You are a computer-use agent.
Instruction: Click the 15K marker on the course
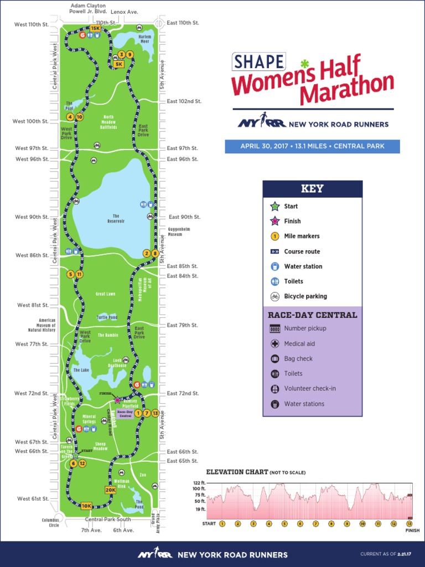coord(95,28)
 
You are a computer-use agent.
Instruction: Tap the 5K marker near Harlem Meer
coord(118,64)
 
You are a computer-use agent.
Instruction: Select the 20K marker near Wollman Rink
coord(110,489)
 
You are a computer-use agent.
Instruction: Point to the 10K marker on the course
coord(86,506)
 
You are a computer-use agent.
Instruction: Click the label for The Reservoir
coord(116,218)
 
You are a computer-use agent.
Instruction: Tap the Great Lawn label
coord(105,294)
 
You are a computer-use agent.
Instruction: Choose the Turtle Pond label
coord(107,317)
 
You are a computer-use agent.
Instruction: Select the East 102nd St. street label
coord(184,101)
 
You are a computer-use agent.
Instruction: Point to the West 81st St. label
coord(33,305)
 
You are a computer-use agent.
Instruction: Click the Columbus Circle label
coord(50,522)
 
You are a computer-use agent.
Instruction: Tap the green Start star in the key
coord(274,206)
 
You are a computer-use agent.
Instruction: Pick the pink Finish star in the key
coord(274,221)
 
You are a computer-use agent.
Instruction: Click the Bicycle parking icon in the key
coord(274,296)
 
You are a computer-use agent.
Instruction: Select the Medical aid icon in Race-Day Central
coord(274,344)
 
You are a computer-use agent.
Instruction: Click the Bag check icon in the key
coord(274,359)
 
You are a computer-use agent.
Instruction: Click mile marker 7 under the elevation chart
coord(315,523)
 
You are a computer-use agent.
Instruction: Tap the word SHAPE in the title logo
coord(258,62)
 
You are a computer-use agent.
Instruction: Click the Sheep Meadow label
coord(100,446)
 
